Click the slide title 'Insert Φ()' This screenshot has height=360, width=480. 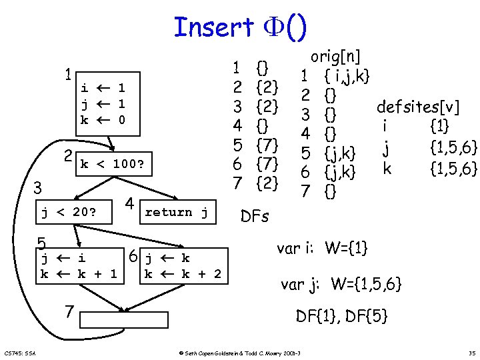tap(240, 27)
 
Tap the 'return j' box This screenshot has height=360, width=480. tap(177, 213)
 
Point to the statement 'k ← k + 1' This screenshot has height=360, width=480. tap(78, 273)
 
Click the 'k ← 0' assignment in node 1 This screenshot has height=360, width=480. tap(103, 120)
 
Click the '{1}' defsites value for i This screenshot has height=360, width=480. tap(440, 125)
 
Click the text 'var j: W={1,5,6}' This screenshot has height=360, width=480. tap(341, 285)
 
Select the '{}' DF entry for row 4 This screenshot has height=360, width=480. tap(263, 125)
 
